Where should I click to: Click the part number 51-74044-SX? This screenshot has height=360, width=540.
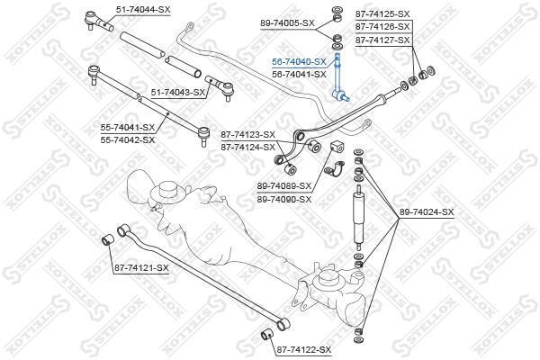143,10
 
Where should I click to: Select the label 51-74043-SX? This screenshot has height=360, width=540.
178,93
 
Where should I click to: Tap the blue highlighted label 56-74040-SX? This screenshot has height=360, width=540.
299,62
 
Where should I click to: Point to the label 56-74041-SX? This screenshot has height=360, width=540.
299,75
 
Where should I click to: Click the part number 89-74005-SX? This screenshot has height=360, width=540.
288,23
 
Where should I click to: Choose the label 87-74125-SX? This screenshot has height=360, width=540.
382,14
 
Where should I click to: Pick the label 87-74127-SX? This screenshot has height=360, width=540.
382,40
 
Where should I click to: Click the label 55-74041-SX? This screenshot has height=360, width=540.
128,128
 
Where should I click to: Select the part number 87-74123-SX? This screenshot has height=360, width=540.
248,135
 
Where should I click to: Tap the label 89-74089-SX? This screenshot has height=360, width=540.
284,186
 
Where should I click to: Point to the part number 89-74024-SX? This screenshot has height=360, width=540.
427,212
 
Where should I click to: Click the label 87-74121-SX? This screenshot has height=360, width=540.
141,267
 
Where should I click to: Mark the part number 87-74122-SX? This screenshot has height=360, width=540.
304,350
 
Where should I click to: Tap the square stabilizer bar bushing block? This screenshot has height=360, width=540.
336,147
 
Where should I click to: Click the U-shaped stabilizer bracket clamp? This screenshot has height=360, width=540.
335,170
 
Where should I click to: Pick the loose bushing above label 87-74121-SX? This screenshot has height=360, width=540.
108,239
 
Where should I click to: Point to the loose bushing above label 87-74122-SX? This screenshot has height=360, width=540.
266,334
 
